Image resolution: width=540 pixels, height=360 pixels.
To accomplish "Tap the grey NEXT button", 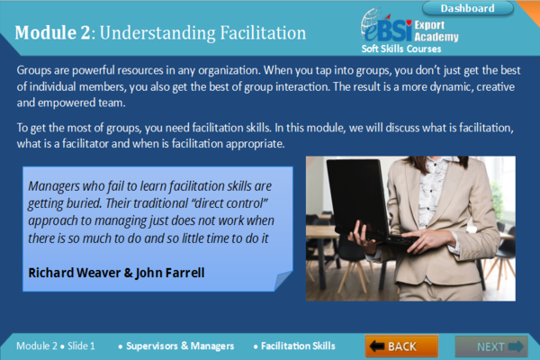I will [490, 346].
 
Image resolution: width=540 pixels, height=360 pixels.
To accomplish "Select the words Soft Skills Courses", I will [404, 49].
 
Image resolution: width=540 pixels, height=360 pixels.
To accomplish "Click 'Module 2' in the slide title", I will [52, 33].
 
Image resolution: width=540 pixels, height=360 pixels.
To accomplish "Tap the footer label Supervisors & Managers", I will [180, 346].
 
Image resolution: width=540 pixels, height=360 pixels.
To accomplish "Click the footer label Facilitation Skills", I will [298, 346].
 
